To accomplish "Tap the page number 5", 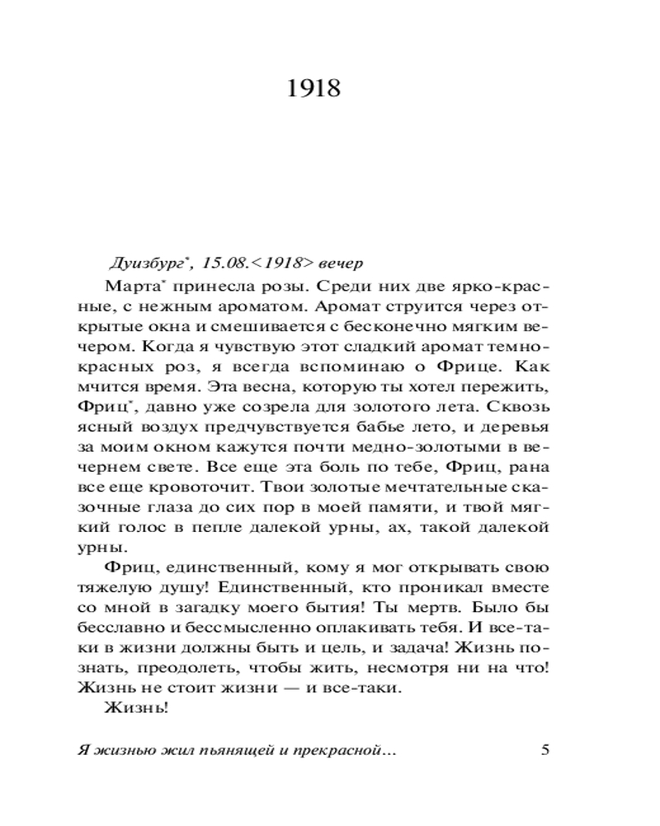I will pos(544,750).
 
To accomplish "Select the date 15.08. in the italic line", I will pos(225,263).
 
